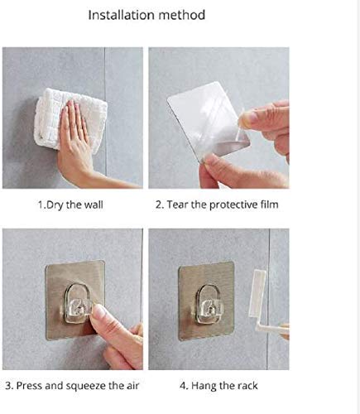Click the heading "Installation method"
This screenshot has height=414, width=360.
146,15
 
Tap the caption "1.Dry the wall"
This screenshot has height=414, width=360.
70,205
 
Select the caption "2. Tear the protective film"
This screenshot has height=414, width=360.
217,205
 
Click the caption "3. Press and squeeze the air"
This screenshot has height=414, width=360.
72,386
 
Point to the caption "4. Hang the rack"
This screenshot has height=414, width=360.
218,386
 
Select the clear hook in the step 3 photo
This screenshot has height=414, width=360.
77,304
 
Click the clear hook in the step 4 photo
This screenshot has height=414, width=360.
209,304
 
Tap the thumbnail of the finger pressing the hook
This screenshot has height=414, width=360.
98,313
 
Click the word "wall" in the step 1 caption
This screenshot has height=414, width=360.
94,205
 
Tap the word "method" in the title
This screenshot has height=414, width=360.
182,15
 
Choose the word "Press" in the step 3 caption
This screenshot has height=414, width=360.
29,386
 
